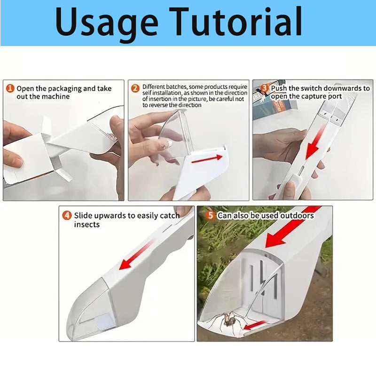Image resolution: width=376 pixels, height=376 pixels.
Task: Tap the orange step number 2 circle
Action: [x=135, y=88]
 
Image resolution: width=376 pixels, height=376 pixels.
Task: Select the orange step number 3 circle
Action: [x=265, y=88]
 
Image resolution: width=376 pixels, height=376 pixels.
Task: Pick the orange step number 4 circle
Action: [x=67, y=216]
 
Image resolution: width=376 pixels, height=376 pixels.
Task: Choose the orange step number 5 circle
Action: [x=211, y=216]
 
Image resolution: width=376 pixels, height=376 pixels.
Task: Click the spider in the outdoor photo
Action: [x=229, y=321]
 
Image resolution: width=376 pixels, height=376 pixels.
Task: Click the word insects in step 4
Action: [x=87, y=225]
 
